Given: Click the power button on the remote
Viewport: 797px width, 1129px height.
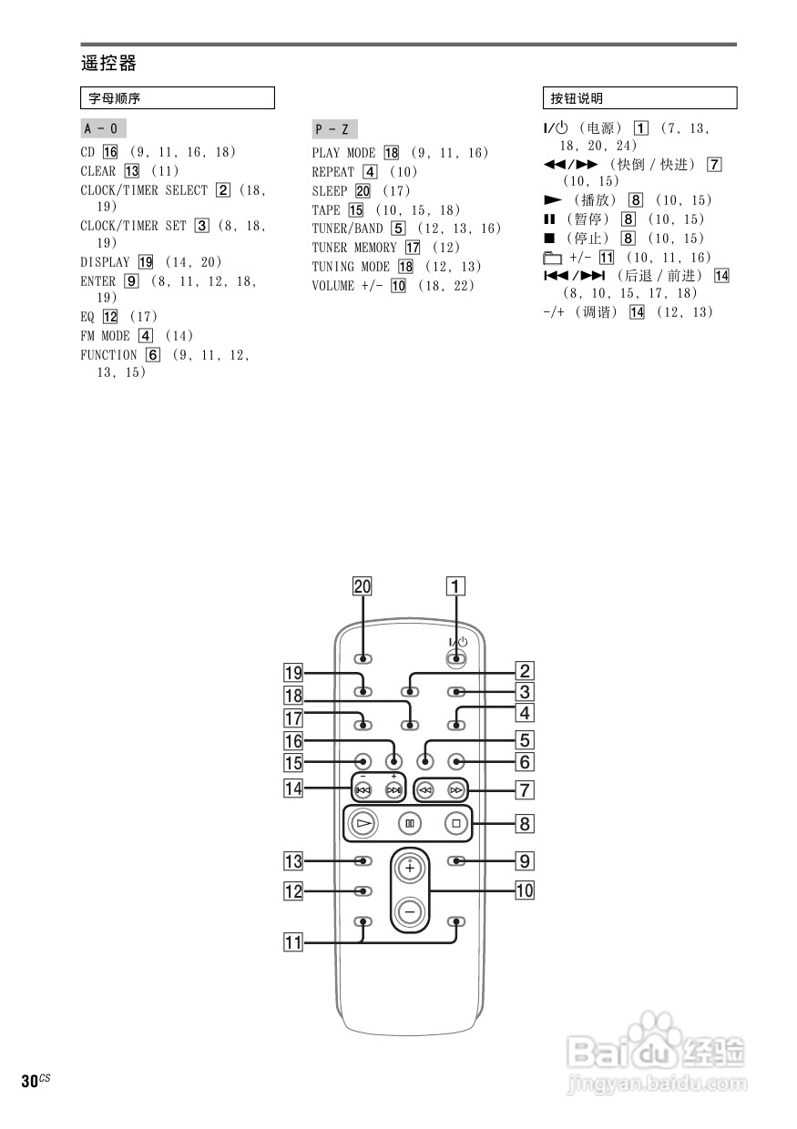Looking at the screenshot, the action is [x=455, y=657].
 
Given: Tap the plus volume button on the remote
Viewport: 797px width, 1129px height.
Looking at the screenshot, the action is [x=410, y=868].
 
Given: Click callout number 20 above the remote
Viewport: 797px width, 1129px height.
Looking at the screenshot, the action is [x=363, y=587].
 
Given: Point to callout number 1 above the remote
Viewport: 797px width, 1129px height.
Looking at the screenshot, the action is [x=455, y=587].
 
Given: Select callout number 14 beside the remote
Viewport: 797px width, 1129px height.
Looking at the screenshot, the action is [x=292, y=788].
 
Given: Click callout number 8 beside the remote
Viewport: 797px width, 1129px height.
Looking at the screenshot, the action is [x=525, y=825].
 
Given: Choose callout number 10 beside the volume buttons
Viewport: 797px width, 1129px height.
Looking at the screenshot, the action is [x=525, y=890].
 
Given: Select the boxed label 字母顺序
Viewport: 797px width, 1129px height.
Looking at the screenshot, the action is [x=114, y=97].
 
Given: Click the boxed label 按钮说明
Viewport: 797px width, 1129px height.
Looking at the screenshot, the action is [x=577, y=97].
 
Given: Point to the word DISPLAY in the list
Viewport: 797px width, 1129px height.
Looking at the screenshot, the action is [x=105, y=262].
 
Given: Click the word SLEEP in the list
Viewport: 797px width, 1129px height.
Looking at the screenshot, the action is [x=330, y=191].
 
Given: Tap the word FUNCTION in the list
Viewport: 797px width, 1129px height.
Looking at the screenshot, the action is [x=108, y=355].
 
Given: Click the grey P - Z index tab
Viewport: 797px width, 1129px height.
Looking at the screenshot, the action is [x=332, y=128].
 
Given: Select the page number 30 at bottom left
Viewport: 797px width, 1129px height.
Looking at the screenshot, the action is [x=29, y=1081].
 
